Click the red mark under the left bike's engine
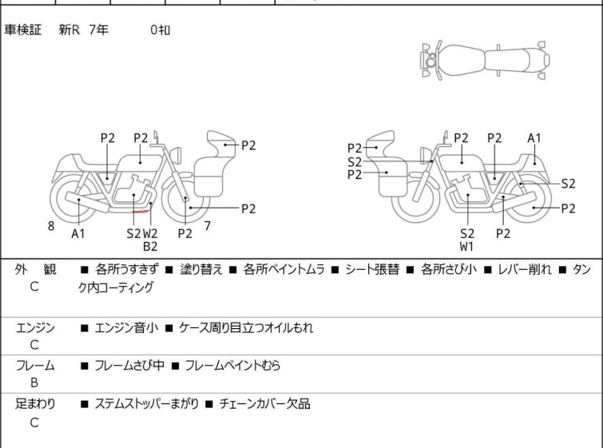(x=141, y=211)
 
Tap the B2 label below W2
(x=150, y=247)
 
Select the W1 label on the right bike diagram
(x=466, y=247)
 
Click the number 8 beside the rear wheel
(x=51, y=226)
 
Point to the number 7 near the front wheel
(x=208, y=226)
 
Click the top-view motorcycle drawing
(x=485, y=61)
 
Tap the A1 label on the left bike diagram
(x=78, y=233)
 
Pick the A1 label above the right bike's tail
(x=534, y=138)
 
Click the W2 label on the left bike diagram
(x=150, y=233)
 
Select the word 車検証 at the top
(x=22, y=30)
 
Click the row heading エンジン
(x=35, y=327)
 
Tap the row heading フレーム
(x=35, y=365)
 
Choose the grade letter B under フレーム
(x=34, y=383)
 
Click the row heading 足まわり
(x=35, y=403)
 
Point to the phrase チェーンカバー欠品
(x=264, y=404)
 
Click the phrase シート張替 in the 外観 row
(x=372, y=269)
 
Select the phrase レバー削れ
(x=525, y=269)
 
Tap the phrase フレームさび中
(x=129, y=365)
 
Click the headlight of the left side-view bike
(x=176, y=156)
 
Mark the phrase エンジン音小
(x=126, y=327)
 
